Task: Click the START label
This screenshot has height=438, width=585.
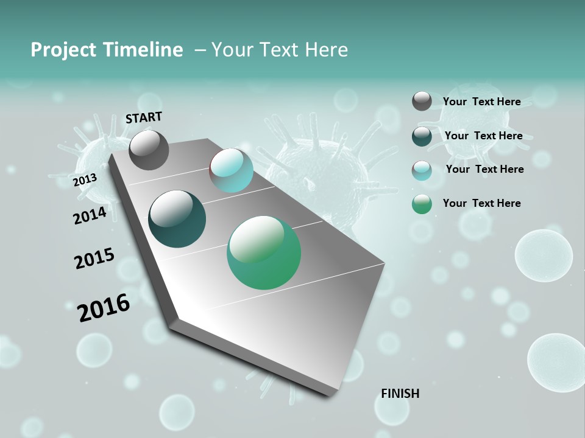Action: (144, 117)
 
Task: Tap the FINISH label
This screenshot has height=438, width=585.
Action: (400, 394)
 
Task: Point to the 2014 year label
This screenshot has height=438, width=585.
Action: (90, 215)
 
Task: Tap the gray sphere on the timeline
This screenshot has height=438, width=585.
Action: (149, 150)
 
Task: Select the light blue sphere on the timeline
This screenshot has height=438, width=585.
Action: (232, 170)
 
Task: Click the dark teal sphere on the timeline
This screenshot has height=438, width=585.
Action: (177, 219)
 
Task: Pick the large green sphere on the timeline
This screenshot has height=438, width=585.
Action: (264, 252)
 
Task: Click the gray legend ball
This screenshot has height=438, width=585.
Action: (422, 101)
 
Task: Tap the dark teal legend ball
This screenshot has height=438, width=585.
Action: (422, 136)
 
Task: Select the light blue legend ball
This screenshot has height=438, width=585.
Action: (422, 170)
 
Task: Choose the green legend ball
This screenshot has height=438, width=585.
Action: (422, 204)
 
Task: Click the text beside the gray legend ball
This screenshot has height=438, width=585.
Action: (481, 102)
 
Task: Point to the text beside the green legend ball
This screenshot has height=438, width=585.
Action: (481, 203)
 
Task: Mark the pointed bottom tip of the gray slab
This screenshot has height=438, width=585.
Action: (332, 394)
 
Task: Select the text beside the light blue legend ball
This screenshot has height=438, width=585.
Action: (484, 169)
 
